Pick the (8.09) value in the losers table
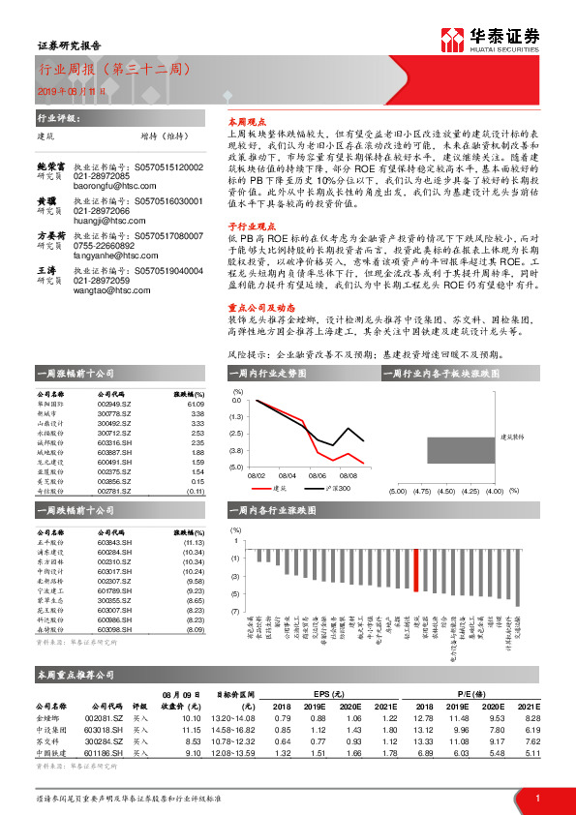pyautogui.click(x=193, y=629)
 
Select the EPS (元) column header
pyautogui.click(x=337, y=693)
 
